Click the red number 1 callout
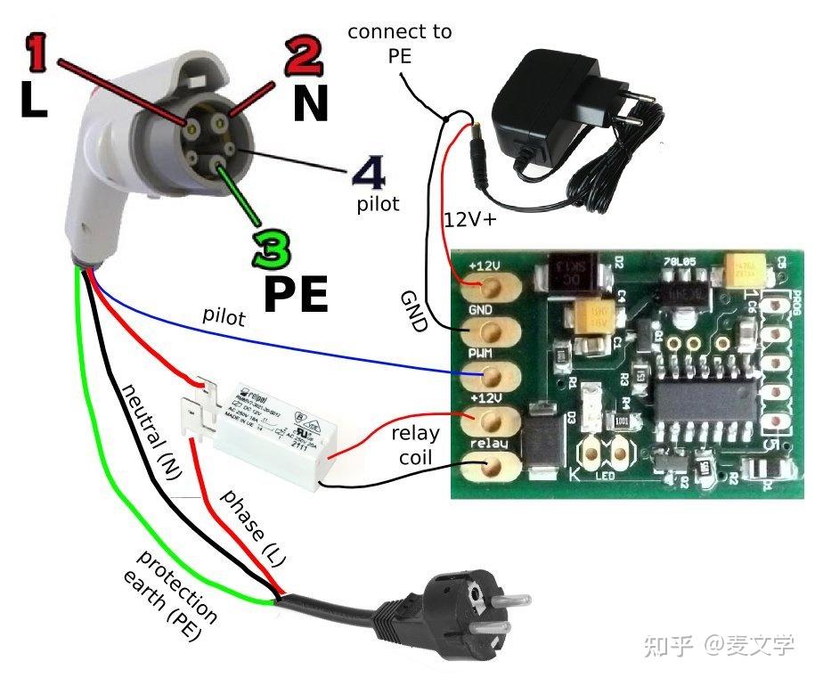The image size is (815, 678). pos(37,55)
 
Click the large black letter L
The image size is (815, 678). pos(33,102)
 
